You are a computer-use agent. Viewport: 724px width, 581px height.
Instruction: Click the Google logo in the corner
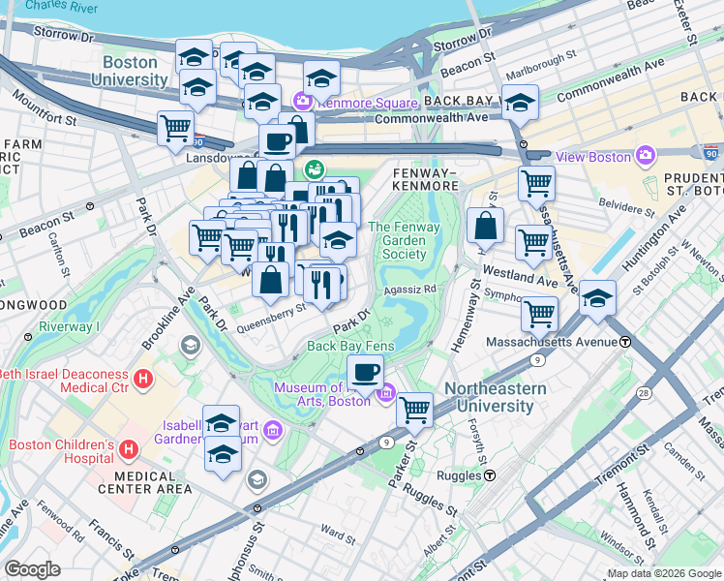pos(32,569)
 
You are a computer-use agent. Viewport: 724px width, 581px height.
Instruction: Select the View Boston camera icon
pos(646,157)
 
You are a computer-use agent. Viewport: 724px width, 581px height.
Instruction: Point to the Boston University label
pos(129,71)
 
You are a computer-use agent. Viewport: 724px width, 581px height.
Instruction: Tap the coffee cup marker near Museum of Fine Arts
pos(365,372)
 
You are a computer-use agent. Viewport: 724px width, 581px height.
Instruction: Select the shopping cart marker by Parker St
pos(415,409)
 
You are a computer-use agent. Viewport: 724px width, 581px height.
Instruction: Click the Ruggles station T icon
pos(490,475)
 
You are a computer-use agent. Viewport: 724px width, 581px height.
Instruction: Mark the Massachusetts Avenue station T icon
pos(626,342)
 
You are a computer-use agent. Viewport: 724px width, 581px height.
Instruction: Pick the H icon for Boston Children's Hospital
pos(129,449)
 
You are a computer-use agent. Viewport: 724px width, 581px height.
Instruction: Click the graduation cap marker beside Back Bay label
pos(520,103)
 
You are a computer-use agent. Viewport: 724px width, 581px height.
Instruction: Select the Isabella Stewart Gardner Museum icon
pos(273,429)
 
